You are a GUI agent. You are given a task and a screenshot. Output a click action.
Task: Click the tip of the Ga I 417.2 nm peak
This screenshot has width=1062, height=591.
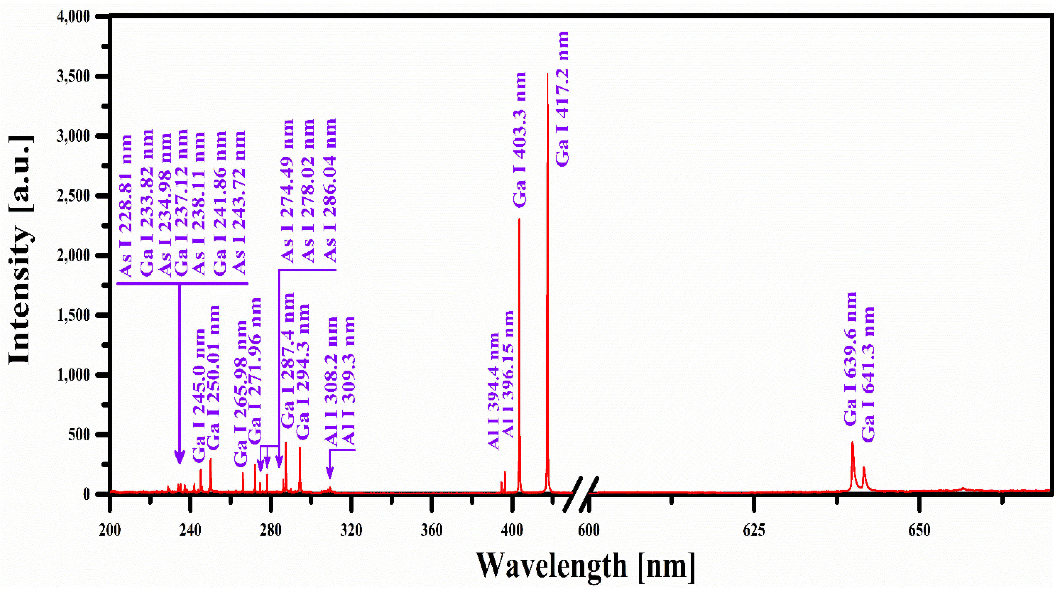547,74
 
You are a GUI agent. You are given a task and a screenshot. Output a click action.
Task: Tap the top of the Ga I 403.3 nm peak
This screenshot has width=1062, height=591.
519,220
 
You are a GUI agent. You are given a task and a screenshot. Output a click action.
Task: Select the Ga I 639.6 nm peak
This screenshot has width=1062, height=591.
852,443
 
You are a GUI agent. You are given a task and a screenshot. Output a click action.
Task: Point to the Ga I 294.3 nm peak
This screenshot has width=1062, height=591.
300,448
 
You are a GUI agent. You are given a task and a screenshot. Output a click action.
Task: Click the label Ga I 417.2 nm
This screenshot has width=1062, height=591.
562,99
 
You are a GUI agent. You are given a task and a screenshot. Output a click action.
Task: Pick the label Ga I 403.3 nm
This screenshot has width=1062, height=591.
520,140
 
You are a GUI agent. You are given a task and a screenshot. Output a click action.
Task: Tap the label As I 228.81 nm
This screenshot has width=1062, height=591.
126,206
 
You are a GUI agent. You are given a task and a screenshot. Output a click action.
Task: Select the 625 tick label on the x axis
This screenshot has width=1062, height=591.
754,530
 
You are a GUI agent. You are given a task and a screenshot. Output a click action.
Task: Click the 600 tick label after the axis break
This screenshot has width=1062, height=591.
588,530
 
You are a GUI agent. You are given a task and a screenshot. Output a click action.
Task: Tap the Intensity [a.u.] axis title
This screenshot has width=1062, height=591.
21,250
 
